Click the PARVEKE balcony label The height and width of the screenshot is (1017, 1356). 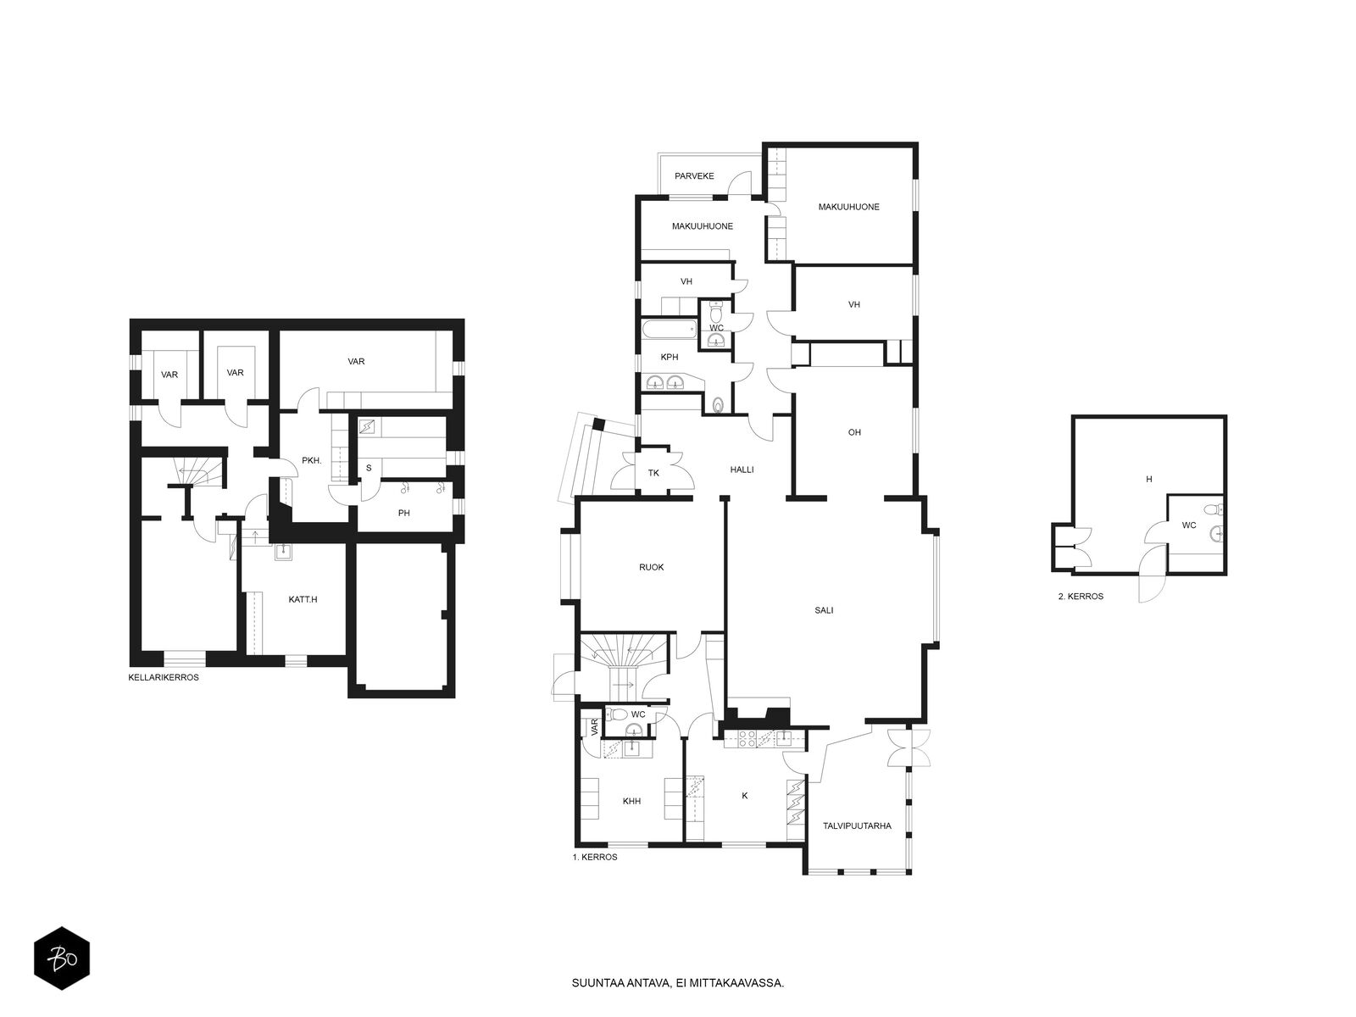click(x=694, y=176)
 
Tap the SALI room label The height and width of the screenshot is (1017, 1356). click(x=824, y=609)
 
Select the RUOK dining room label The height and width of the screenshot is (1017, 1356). click(x=651, y=567)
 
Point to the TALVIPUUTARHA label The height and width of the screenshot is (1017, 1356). click(x=857, y=825)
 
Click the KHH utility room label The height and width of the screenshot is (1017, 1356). click(x=631, y=800)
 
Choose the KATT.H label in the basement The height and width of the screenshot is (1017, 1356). click(x=303, y=599)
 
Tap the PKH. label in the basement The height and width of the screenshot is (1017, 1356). click(x=311, y=461)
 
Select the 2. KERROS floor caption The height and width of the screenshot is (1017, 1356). click(x=1081, y=597)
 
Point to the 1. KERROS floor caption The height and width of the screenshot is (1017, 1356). click(x=595, y=857)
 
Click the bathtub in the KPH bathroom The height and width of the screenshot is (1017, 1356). click(x=667, y=329)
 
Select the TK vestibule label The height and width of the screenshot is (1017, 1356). click(x=653, y=473)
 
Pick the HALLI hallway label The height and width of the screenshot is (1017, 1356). click(x=742, y=470)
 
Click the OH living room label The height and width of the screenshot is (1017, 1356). click(x=854, y=432)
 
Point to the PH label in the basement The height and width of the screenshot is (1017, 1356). click(x=403, y=513)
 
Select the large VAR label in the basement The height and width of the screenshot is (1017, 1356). click(x=356, y=361)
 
